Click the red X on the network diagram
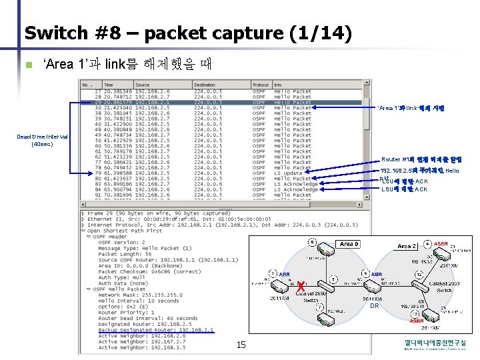pyautogui.click(x=301, y=286)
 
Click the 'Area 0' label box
pyautogui.click(x=349, y=244)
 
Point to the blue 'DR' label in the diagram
pyautogui.click(x=374, y=305)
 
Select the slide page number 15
pyautogui.click(x=241, y=344)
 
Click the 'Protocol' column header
pyautogui.click(x=261, y=85)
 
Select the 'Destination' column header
pyautogui.click(x=205, y=85)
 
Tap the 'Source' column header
pyautogui.click(x=143, y=85)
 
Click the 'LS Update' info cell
pyautogui.click(x=288, y=173)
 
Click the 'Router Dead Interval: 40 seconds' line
pyautogui.click(x=148, y=319)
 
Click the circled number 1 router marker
pyautogui.click(x=273, y=273)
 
